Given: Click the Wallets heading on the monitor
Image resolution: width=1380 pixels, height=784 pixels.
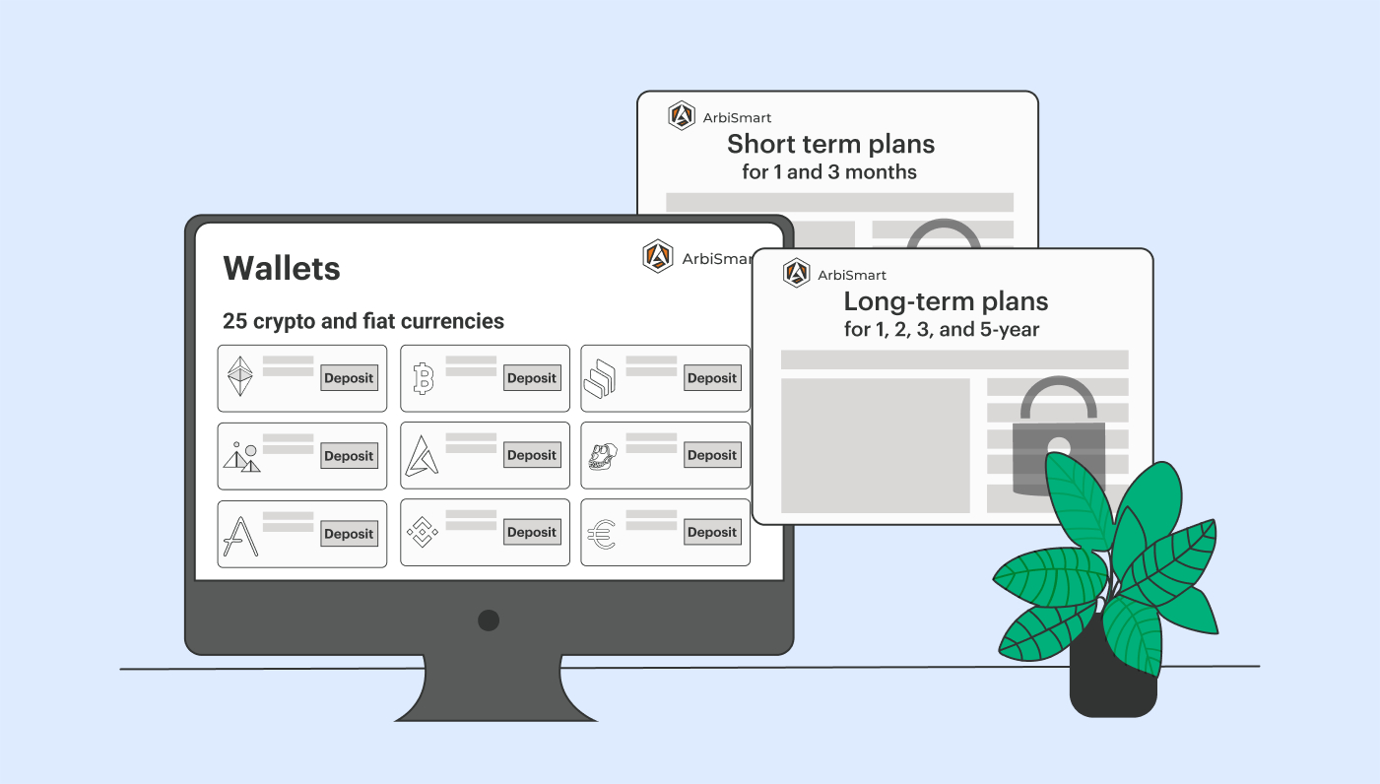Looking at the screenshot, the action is click(282, 269).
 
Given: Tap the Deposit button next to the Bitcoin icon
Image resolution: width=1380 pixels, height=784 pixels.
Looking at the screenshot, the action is click(532, 377).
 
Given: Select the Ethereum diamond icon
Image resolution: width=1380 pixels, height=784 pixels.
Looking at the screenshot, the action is click(239, 376).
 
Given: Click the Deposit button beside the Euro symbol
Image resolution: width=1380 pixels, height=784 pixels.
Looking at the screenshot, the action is click(712, 532).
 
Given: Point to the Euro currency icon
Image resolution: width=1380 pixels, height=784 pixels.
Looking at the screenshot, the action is click(601, 535).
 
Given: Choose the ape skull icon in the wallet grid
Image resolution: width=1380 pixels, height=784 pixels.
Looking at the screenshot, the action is click(603, 457).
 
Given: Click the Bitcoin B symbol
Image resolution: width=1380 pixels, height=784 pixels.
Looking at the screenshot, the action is click(424, 378).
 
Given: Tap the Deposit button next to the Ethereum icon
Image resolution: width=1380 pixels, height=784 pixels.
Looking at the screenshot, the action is click(349, 377).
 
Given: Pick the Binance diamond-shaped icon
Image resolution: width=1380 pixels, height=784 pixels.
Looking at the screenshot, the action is click(423, 532).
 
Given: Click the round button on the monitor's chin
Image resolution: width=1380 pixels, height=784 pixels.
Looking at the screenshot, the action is click(489, 621).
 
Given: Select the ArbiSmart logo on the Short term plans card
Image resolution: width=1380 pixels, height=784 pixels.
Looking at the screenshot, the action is click(682, 115).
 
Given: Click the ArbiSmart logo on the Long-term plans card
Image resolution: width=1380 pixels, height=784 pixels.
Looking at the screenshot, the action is click(796, 273).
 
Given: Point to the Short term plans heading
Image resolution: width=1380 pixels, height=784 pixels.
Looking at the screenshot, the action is click(830, 144).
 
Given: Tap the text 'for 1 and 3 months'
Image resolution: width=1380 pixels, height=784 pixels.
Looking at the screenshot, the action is click(829, 171).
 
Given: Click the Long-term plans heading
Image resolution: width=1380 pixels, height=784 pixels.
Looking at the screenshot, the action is click(946, 301).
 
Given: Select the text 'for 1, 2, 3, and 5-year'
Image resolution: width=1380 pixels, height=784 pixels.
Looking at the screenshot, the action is click(942, 330).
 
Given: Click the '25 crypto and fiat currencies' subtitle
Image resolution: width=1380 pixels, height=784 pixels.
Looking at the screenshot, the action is click(362, 321).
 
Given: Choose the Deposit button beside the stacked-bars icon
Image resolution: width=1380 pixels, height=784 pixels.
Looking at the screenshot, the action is click(712, 377).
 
